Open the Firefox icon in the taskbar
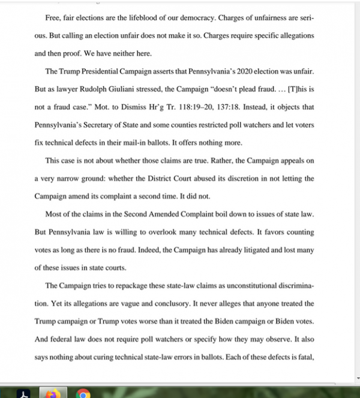tap(53, 393)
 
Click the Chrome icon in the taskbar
tap(83, 393)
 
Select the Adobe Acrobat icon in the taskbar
tap(23, 393)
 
